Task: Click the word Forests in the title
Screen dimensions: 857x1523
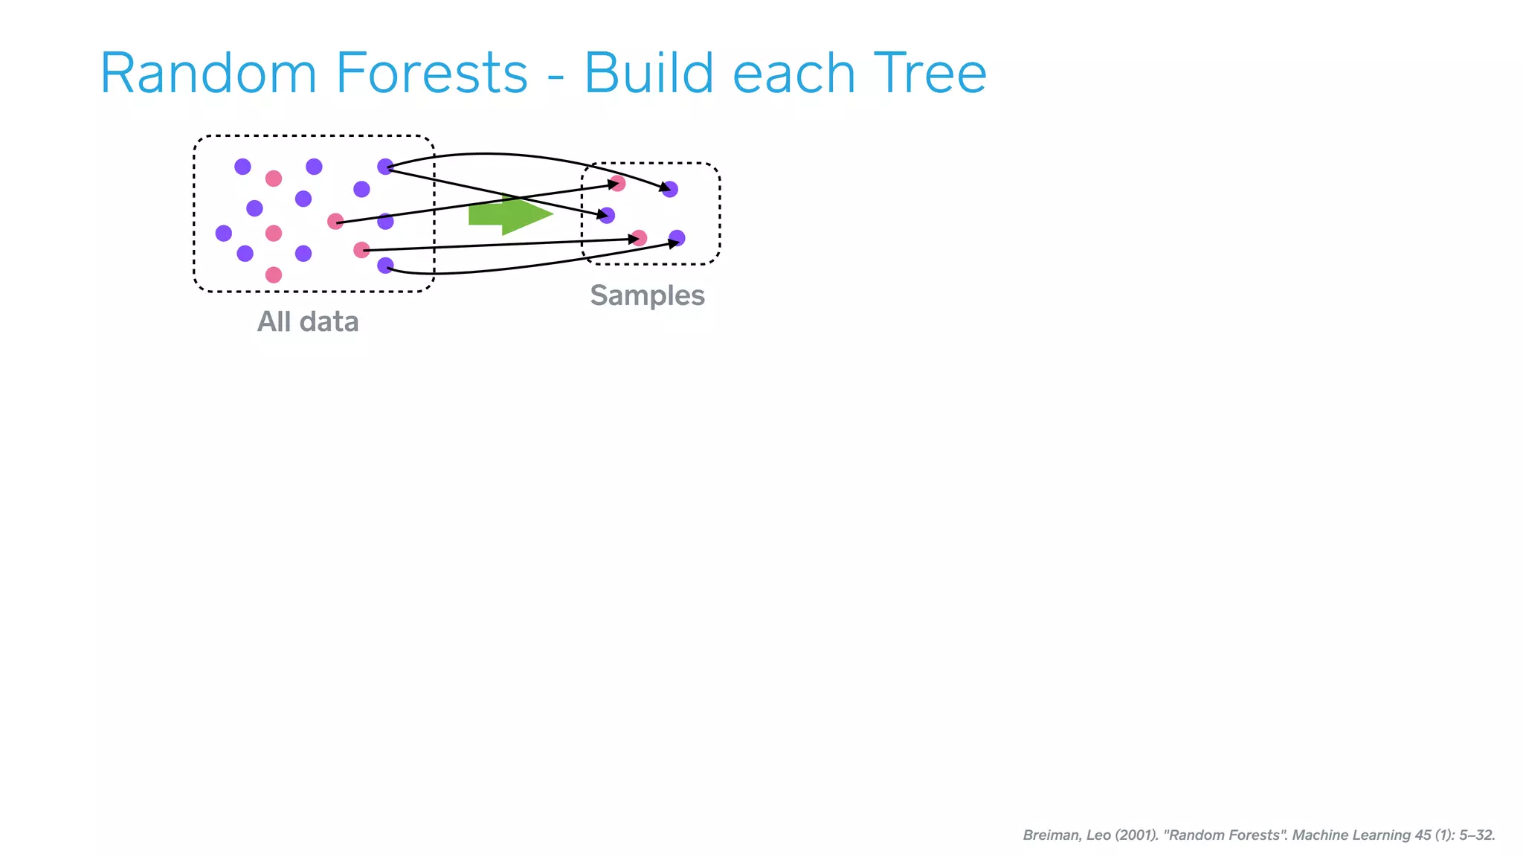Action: [x=431, y=74]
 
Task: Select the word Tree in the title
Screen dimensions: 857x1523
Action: [x=930, y=74]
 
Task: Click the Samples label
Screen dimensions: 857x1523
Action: [x=647, y=295]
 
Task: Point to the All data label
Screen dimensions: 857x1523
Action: [x=308, y=322]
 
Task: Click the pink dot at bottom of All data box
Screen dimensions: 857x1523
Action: [x=274, y=275]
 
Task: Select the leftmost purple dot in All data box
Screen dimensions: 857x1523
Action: [x=224, y=234]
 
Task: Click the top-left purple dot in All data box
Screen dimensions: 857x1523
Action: [x=242, y=167]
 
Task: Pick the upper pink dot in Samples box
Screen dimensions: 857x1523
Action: [x=617, y=183]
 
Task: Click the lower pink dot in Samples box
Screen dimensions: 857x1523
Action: [x=639, y=238]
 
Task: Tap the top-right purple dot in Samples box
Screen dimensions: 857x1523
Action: [x=670, y=190]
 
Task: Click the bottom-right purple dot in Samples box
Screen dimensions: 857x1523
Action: [x=677, y=238]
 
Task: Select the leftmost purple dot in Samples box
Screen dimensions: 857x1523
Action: [x=607, y=216]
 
